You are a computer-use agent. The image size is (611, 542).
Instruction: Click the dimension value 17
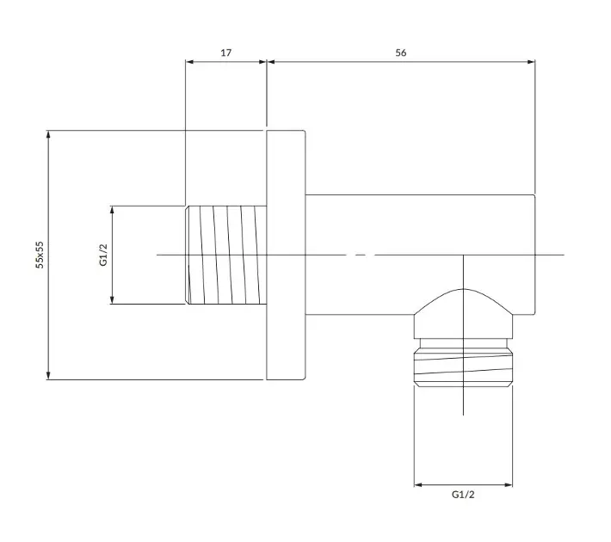point(226,52)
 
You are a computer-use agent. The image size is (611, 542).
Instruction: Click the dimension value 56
point(400,52)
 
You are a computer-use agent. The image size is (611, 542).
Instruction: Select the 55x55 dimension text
point(40,255)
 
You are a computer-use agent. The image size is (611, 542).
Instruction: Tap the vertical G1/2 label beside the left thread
point(103,255)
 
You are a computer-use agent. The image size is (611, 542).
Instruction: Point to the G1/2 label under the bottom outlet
point(463,495)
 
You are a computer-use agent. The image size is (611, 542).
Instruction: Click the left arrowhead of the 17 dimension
point(189,62)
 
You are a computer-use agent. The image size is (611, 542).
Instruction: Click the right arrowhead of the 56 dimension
point(531,62)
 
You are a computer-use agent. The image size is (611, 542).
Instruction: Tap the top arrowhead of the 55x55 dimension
point(48,134)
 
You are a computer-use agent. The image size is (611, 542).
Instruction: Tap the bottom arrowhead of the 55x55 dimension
point(48,375)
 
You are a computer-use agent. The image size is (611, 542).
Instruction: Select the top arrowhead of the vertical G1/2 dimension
point(112,211)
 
